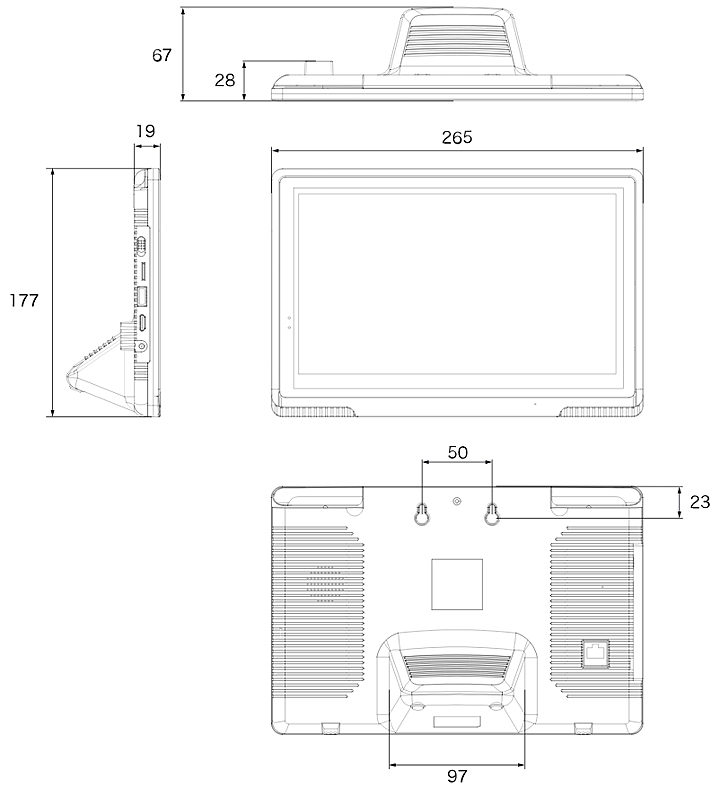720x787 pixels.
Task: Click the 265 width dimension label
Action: click(457, 138)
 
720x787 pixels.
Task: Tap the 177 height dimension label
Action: click(24, 300)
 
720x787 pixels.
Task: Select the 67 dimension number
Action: click(162, 55)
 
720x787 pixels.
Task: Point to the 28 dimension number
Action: click(225, 80)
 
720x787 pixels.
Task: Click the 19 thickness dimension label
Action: click(146, 132)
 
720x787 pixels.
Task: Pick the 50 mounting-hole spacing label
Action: click(457, 453)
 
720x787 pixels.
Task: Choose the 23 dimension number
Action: click(700, 502)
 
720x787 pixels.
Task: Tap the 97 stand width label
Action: click(457, 776)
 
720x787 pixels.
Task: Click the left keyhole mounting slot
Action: click(422, 514)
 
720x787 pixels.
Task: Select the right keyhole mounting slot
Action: click(492, 514)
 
